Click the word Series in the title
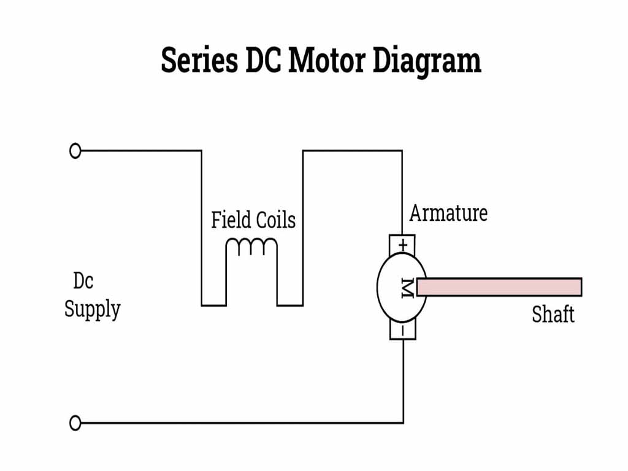[199, 61]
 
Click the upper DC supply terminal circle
[75, 151]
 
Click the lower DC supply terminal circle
[75, 423]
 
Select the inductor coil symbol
[251, 247]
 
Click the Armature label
[448, 213]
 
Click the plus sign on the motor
[403, 244]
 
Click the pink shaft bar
[499, 287]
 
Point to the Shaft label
[553, 315]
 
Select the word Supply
[92, 308]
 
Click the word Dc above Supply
[83, 281]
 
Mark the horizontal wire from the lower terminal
[239, 423]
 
